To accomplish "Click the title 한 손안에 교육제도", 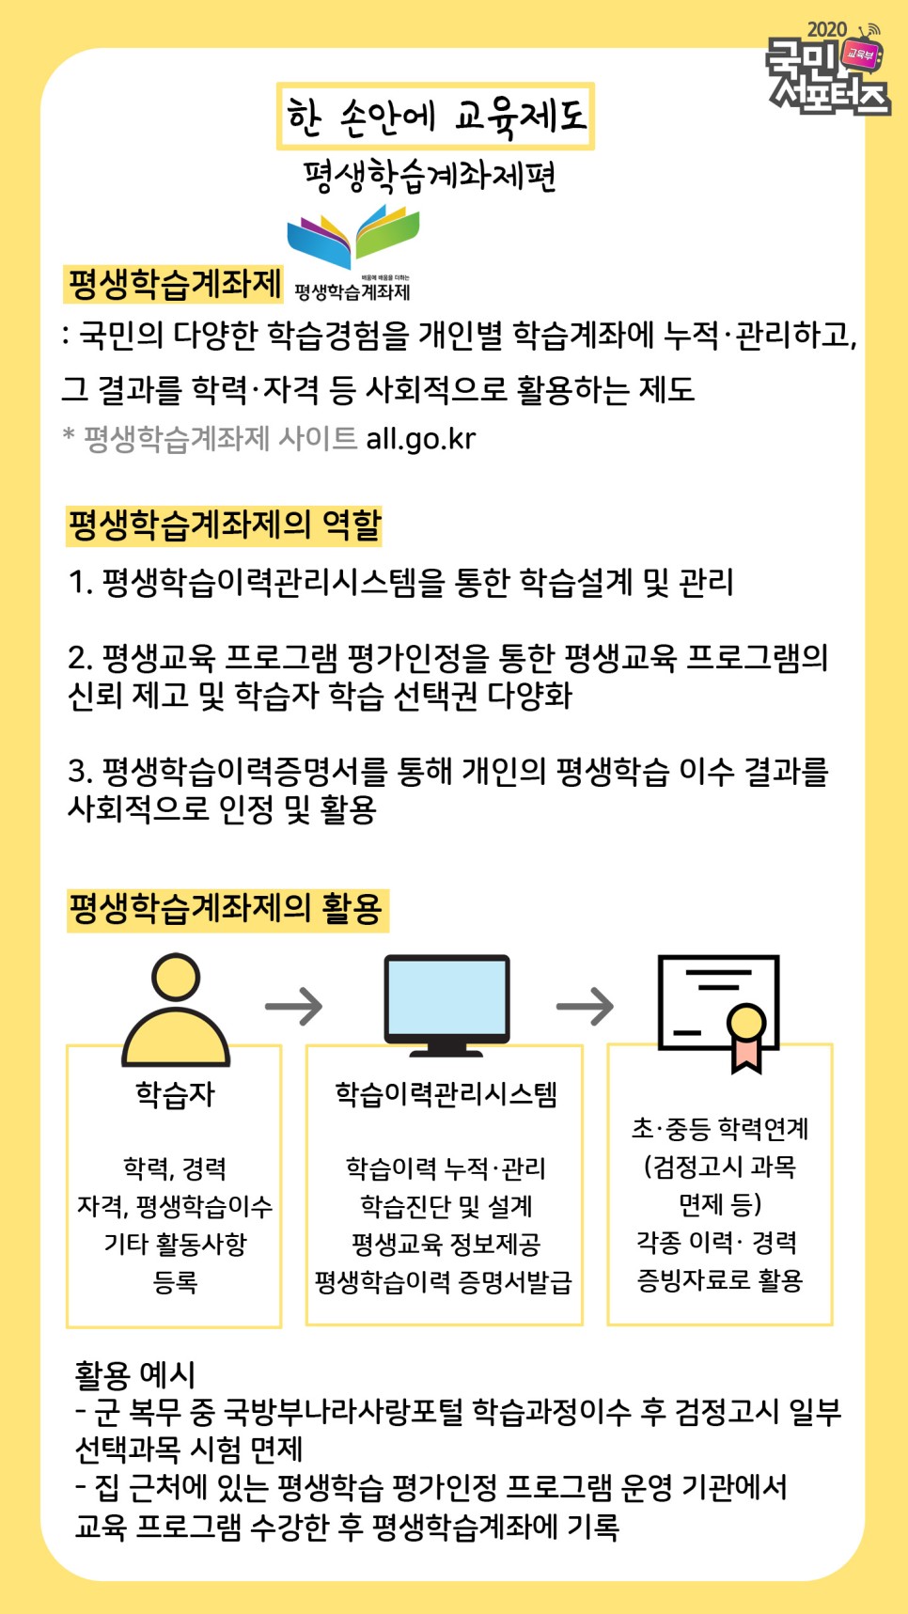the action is (435, 117).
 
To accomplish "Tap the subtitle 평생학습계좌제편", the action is (430, 176).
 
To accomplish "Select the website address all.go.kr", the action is (421, 439).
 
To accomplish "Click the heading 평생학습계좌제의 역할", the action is (224, 525).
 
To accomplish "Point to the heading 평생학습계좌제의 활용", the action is (226, 909).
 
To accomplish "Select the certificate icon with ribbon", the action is (720, 1011).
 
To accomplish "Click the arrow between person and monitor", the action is (293, 1007).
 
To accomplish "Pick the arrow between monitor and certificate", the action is (585, 1007).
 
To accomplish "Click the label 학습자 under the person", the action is (175, 1094).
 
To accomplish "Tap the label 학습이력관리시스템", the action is (446, 1094).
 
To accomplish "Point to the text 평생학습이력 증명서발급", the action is (444, 1282).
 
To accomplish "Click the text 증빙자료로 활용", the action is (720, 1280).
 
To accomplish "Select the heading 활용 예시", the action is (134, 1374).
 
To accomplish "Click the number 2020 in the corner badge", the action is (826, 30).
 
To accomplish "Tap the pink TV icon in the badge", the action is (861, 54).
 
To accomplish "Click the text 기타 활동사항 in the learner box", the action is (175, 1245).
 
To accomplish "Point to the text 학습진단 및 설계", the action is (446, 1206).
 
